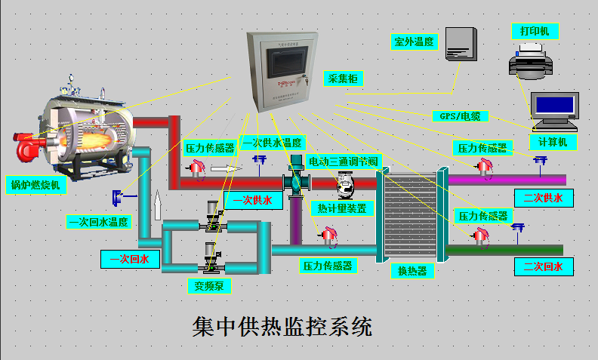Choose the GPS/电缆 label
460,116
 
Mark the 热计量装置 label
341,208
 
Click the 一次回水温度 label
99,222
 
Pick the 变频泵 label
209,285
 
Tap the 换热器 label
412,270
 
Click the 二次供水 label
543,198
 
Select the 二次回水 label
543,266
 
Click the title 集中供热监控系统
282,327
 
